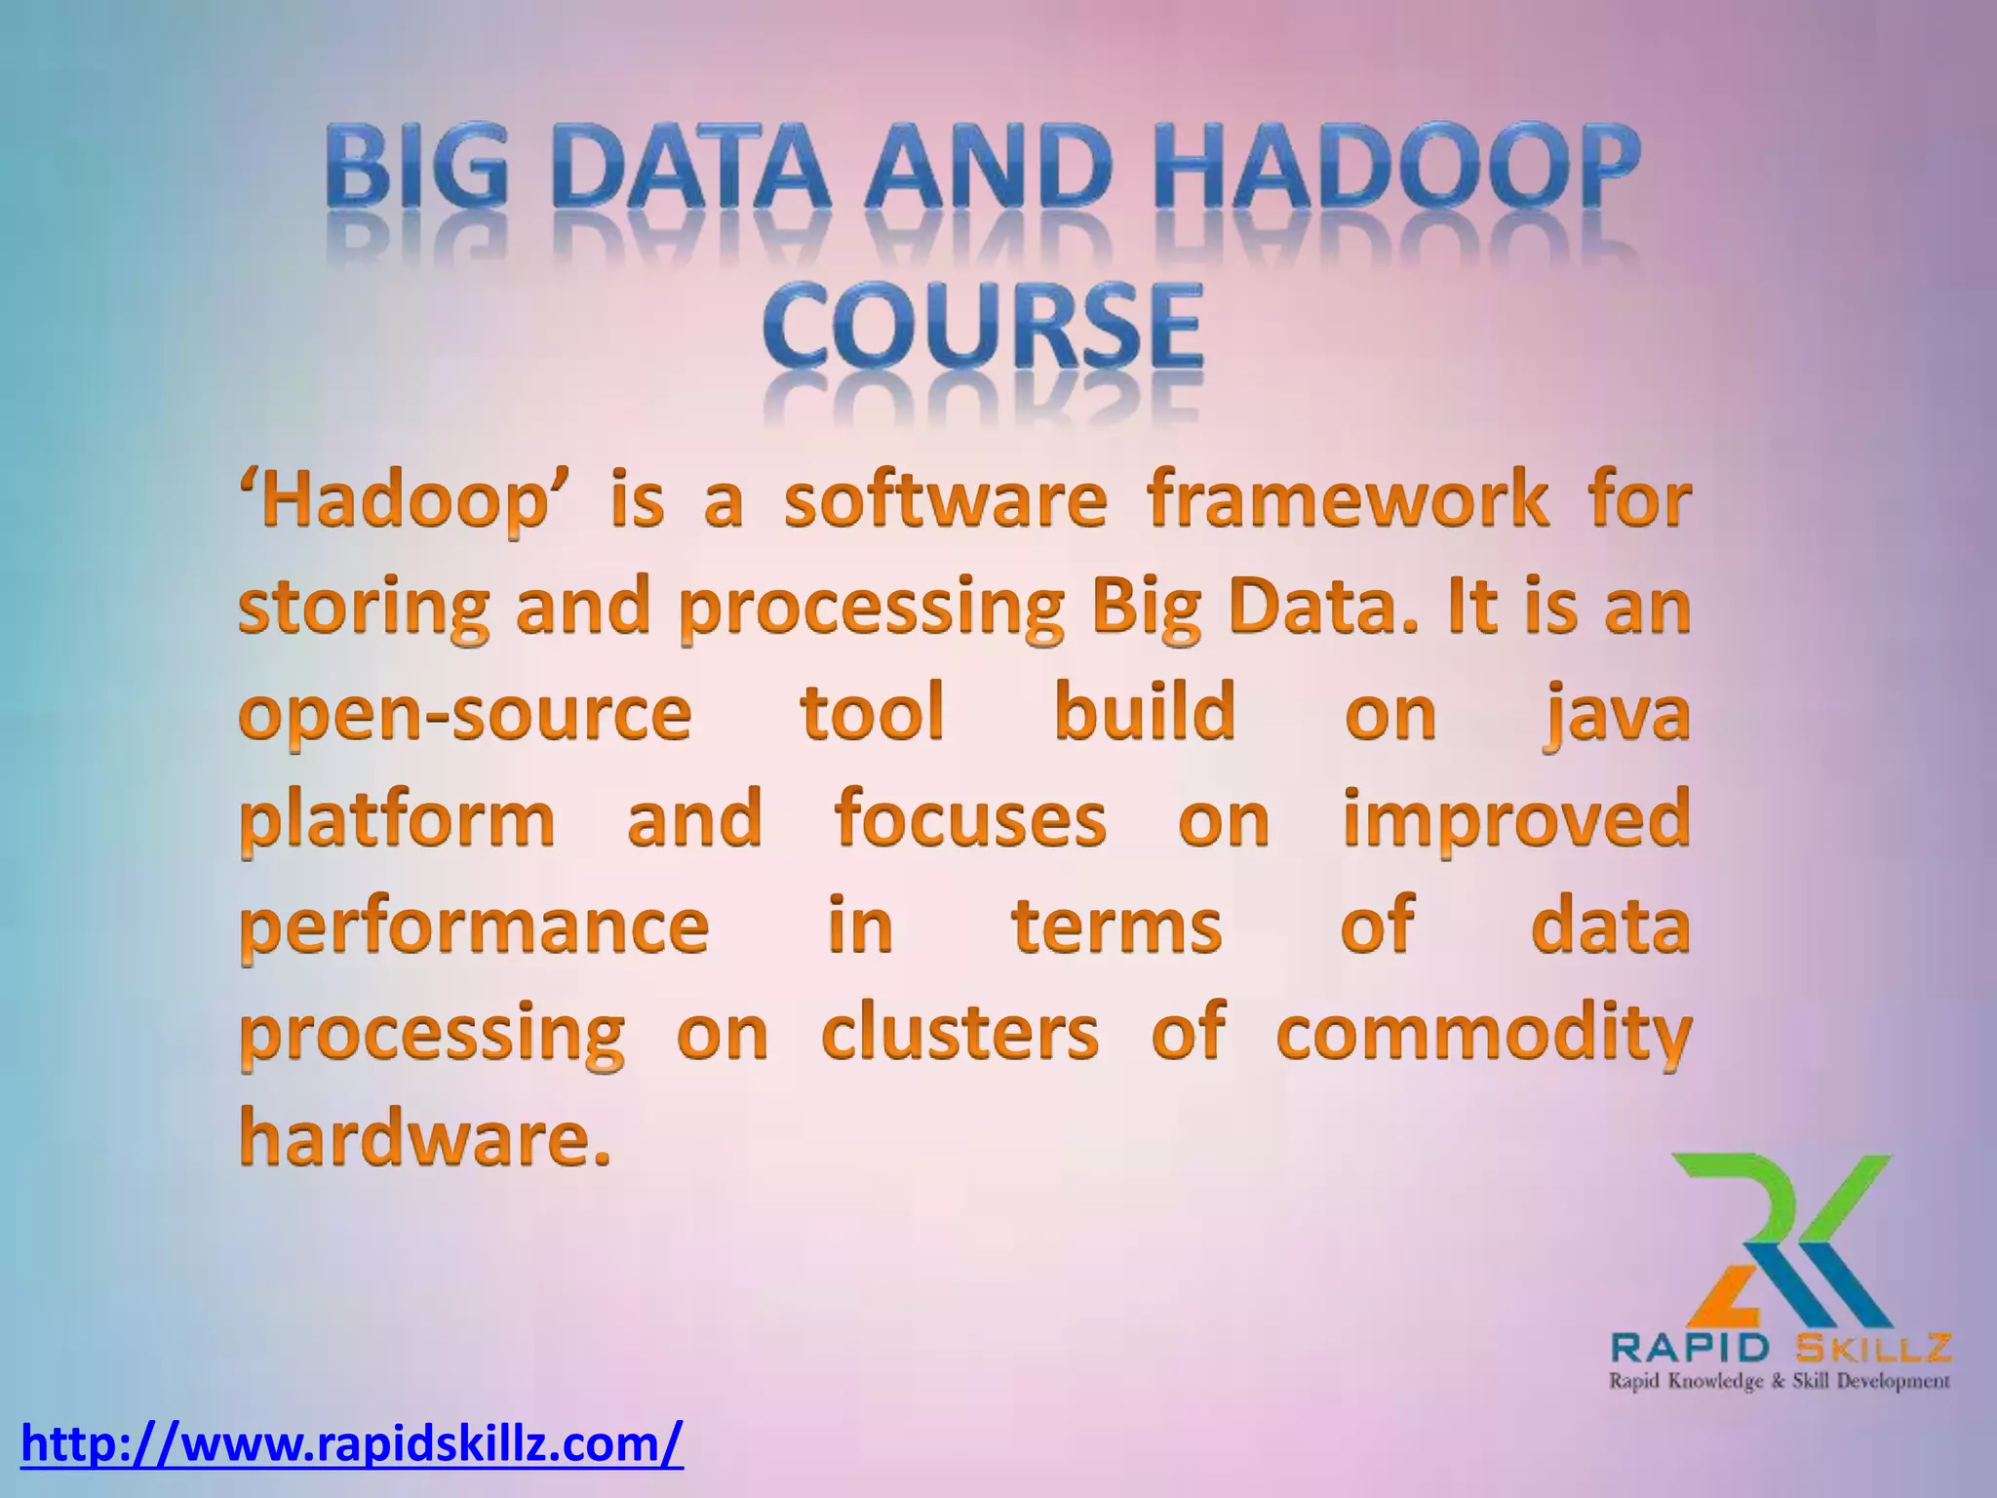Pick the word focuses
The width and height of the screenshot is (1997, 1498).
pos(970,819)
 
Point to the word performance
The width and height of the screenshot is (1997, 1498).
pos(475,926)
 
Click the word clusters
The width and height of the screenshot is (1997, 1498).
pos(959,1032)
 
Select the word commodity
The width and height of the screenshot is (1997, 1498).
pos(1483,1034)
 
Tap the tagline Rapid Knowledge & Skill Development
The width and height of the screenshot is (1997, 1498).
pos(1779,1381)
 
